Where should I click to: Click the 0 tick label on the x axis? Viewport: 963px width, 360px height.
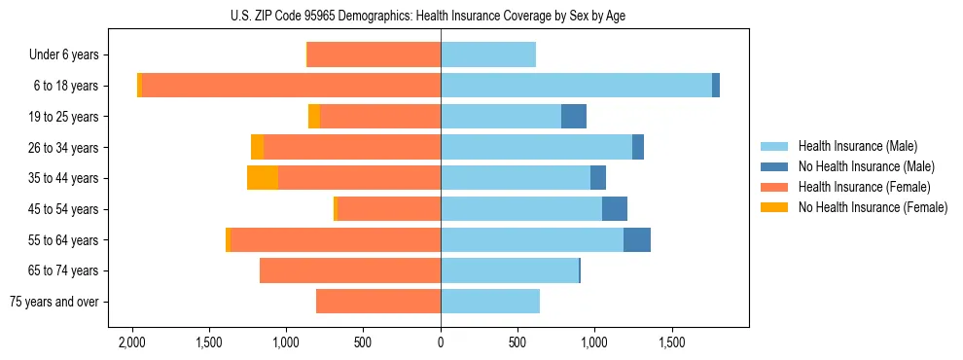tap(441, 342)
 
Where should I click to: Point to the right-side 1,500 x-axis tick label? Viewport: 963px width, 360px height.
tap(672, 342)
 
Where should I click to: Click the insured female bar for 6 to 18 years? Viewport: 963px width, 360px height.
tap(291, 86)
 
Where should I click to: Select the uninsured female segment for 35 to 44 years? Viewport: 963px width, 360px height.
tap(263, 178)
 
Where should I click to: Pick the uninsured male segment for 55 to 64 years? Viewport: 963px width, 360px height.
tap(637, 239)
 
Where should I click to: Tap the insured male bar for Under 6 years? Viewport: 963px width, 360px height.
tap(488, 55)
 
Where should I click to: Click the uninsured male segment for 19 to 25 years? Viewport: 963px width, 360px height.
tap(574, 117)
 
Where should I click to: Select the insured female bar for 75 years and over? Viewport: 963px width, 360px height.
tap(378, 302)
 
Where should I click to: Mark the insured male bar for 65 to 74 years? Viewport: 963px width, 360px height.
tap(510, 270)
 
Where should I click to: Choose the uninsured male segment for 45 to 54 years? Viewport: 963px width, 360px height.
tap(615, 209)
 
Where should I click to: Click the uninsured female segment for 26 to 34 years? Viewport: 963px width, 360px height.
tap(257, 147)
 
